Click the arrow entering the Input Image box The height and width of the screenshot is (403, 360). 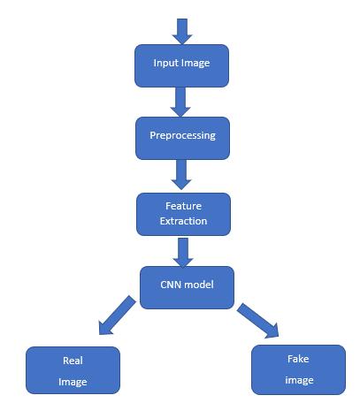[182, 32]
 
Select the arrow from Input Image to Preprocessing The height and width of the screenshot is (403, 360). [180, 102]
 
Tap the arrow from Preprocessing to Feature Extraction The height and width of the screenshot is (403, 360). [181, 175]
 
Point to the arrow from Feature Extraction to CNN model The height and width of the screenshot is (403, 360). [183, 253]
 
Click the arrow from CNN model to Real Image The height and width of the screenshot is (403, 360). [117, 316]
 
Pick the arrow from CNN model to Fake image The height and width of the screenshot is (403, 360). [258, 321]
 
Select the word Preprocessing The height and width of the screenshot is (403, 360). [182, 135]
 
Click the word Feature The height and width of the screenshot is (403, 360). [183, 206]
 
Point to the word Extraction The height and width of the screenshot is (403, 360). [183, 221]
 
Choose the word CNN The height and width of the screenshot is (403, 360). [170, 285]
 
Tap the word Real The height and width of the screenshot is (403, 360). [73, 361]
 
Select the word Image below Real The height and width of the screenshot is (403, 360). [73, 382]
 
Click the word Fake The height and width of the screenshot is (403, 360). [298, 359]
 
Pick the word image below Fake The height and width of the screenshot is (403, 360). [299, 380]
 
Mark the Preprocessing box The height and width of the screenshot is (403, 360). [182, 139]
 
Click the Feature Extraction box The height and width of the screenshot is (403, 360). [183, 214]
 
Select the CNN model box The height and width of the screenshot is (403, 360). [187, 287]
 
